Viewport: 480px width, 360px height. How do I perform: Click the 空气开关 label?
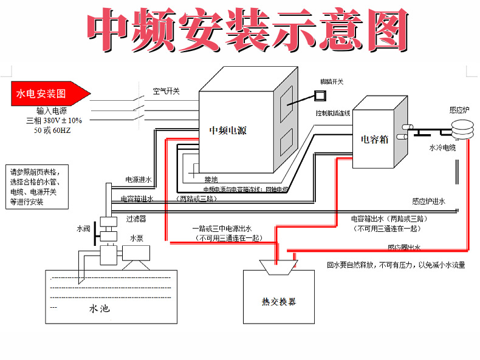tap(166, 91)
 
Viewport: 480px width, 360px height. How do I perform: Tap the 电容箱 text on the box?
tap(374, 138)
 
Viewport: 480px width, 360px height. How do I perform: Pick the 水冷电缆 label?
tap(442, 148)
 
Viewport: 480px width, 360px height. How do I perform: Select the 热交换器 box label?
tap(279, 302)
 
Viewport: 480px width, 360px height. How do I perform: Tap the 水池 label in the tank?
tap(100, 309)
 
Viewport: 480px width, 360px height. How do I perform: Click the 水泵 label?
tap(136, 239)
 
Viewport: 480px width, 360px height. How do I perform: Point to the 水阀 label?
tap(83, 229)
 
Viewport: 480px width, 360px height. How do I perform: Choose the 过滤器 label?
tap(136, 217)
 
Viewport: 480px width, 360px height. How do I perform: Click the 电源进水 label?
tap(139, 180)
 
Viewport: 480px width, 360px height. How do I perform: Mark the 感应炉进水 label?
tap(428, 202)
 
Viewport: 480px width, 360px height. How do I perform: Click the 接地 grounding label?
tap(211, 179)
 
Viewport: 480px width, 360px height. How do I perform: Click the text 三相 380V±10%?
tap(54, 120)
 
